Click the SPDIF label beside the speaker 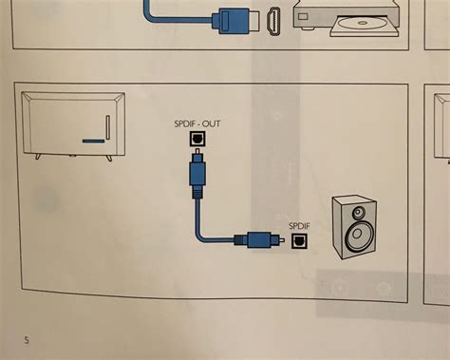click(298, 224)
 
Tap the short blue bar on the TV click(92, 142)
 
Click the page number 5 click(26, 338)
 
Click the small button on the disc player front click(302, 16)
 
